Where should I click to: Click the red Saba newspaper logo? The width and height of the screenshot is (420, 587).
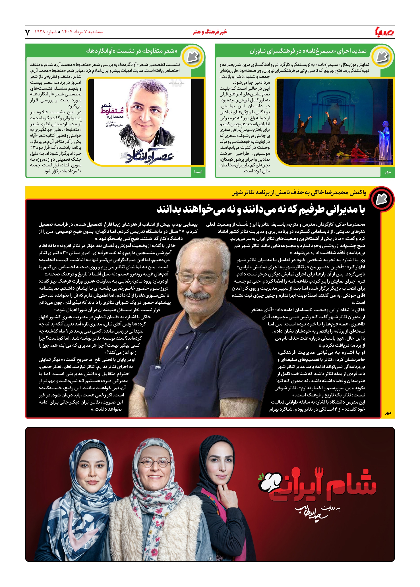click(x=385, y=32)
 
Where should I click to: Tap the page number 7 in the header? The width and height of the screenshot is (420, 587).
click(x=28, y=32)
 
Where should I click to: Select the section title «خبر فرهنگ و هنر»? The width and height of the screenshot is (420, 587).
click(x=210, y=32)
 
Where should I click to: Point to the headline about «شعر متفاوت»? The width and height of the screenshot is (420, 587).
click(x=132, y=51)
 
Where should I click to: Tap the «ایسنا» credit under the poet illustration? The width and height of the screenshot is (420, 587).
click(x=198, y=172)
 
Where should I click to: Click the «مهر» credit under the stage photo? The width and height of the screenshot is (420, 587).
click(x=388, y=172)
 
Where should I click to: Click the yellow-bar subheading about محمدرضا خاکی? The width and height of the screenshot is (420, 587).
click(x=299, y=193)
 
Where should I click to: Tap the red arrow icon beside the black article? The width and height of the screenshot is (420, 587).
click(x=382, y=199)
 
